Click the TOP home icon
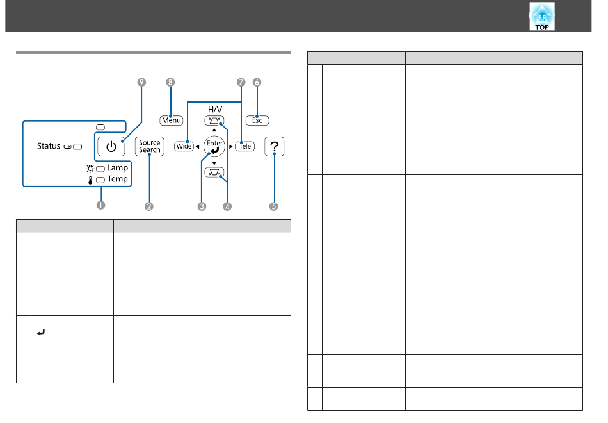click(541, 16)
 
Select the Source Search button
click(149, 146)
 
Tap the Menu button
click(171, 120)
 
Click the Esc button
click(257, 120)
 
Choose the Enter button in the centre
click(214, 146)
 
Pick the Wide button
click(184, 146)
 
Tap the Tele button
click(244, 146)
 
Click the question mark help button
click(274, 146)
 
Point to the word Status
click(49, 146)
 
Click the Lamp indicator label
click(118, 168)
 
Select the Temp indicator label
click(118, 179)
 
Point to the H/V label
click(215, 110)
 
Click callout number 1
click(101, 205)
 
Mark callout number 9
click(141, 82)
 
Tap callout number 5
click(274, 206)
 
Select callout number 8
click(170, 82)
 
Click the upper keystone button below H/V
click(214, 120)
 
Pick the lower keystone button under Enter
click(214, 172)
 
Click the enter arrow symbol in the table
click(41, 333)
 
